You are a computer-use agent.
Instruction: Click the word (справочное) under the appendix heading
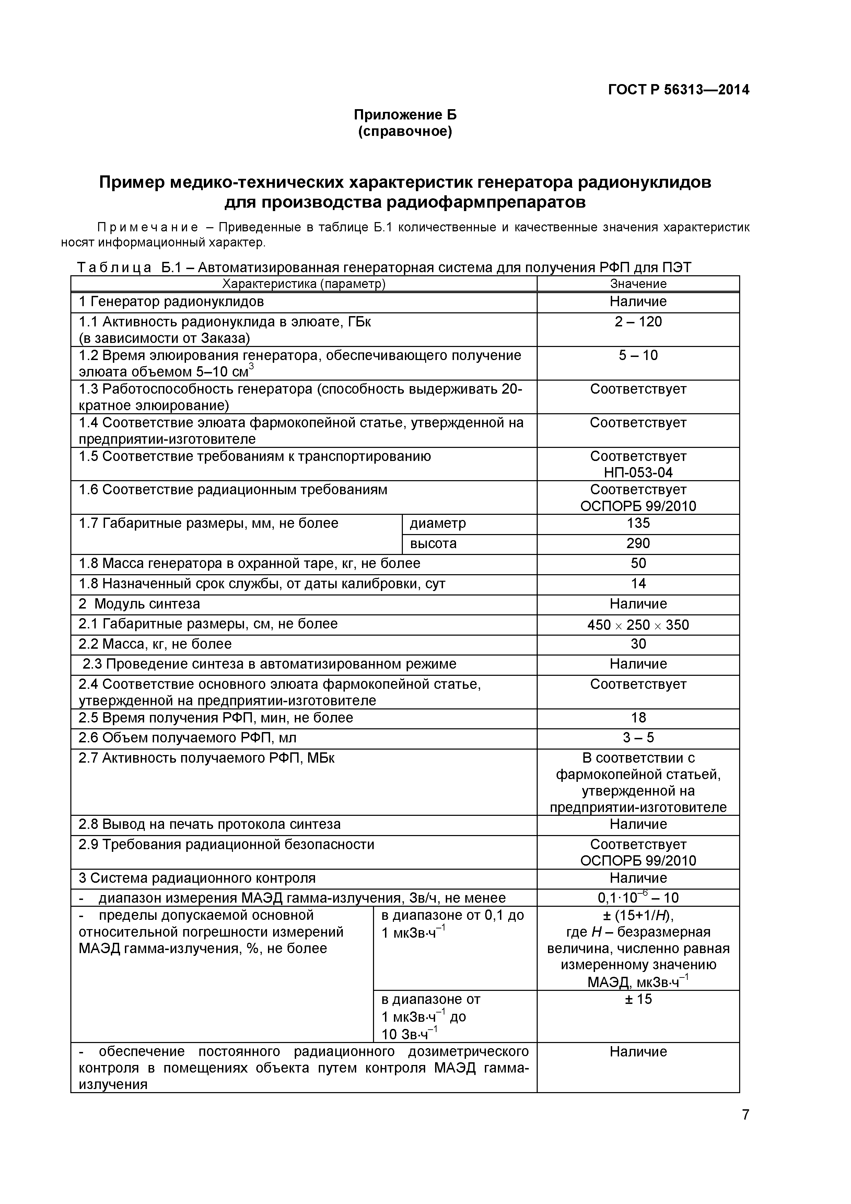pyautogui.click(x=405, y=131)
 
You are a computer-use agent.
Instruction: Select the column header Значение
pyautogui.click(x=638, y=284)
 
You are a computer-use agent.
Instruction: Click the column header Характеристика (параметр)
pyautogui.click(x=304, y=284)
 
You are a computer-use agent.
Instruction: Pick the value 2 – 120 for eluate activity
pyautogui.click(x=638, y=322)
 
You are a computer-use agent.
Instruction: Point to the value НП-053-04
pyautogui.click(x=638, y=473)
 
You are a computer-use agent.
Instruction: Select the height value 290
pyautogui.click(x=638, y=543)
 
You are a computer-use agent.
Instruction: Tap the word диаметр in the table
pyautogui.click(x=438, y=523)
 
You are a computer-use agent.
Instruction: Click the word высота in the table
pyautogui.click(x=433, y=543)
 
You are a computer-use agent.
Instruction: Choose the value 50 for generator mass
pyautogui.click(x=638, y=563)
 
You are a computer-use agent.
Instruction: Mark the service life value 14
pyautogui.click(x=638, y=584)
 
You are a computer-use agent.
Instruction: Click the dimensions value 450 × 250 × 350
pyautogui.click(x=638, y=625)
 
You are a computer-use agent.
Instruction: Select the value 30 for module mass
pyautogui.click(x=638, y=644)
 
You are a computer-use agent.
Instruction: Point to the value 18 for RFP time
pyautogui.click(x=638, y=718)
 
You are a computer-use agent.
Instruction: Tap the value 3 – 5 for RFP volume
pyautogui.click(x=638, y=738)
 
